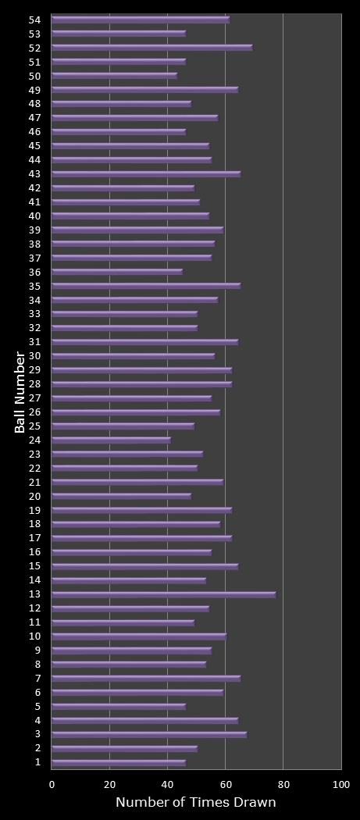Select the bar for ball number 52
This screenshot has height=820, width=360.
pos(152,48)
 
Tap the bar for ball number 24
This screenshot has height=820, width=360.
pos(111,440)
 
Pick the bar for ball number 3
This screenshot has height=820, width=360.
pos(149,734)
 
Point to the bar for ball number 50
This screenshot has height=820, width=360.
pos(114,76)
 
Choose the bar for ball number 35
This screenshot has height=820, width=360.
pos(146,286)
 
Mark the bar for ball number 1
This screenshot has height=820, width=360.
pos(119,762)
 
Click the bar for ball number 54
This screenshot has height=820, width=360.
pos(141,20)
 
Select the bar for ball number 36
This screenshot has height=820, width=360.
pos(117,272)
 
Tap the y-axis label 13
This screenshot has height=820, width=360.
pos(34,594)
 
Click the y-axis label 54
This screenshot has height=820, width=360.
pos(34,20)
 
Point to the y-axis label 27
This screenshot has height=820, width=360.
pos(34,398)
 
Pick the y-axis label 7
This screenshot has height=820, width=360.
pos(37,678)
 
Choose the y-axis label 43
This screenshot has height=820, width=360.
pos(34,173)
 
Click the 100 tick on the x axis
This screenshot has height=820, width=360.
pos(341,783)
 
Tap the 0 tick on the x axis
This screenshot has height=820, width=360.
pos(52,783)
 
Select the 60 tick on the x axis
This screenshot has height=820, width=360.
pos(225,783)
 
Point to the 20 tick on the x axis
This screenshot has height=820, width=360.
pos(110,783)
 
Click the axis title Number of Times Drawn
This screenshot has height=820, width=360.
pos(195,803)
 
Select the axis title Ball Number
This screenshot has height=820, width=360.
pos(20,392)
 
